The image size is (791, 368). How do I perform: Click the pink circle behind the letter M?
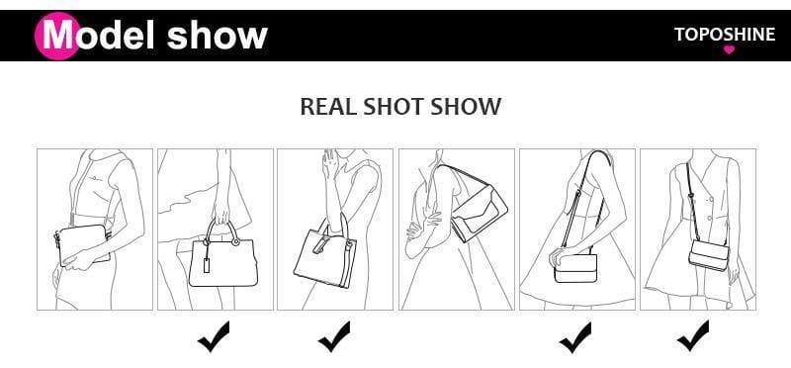coord(56,36)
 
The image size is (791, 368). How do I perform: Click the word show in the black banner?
coord(217,36)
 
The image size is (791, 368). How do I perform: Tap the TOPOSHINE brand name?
coord(725,35)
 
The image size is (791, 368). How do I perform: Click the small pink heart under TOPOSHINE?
coord(729,49)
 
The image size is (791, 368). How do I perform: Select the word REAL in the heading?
coord(328,107)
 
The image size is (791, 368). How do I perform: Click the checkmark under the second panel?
coord(214,336)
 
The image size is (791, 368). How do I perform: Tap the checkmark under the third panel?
coord(334,336)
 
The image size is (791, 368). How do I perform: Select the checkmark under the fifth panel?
coord(575,337)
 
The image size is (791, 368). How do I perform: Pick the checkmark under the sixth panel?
coord(693,336)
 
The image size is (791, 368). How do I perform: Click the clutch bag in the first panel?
coord(82,245)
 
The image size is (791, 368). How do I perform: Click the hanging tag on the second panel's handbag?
coord(207,264)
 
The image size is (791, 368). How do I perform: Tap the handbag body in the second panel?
coord(223,262)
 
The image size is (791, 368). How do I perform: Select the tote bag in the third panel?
coord(325,255)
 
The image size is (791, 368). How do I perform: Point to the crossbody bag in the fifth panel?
coord(575,268)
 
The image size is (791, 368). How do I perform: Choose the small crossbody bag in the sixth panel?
coord(709,255)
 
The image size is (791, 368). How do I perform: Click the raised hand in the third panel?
coord(328,164)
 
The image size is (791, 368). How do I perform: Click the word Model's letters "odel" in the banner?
coord(117,36)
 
